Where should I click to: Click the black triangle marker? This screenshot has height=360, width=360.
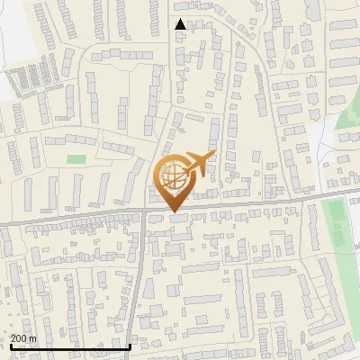coord(181,24)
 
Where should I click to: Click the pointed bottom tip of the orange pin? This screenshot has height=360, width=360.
coord(175,211)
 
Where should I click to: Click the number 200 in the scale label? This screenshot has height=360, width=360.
coord(18,338)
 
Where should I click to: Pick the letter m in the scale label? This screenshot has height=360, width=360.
coord(32,338)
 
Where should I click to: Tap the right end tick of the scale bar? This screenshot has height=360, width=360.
coord(130,346)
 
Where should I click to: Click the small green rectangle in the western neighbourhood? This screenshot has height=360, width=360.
coord(76,159)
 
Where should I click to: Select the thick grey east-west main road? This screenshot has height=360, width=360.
coord(72,218)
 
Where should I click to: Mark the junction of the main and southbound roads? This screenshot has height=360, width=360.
coord(144,213)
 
